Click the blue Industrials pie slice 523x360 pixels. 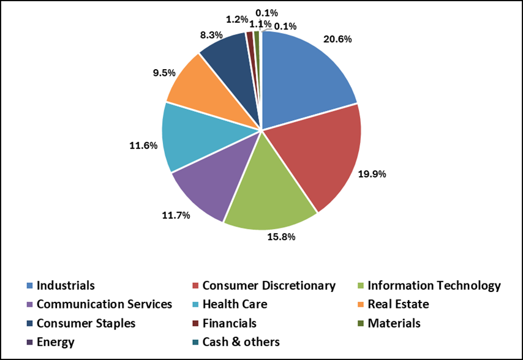coord(303,77)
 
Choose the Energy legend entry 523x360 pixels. coord(55,342)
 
